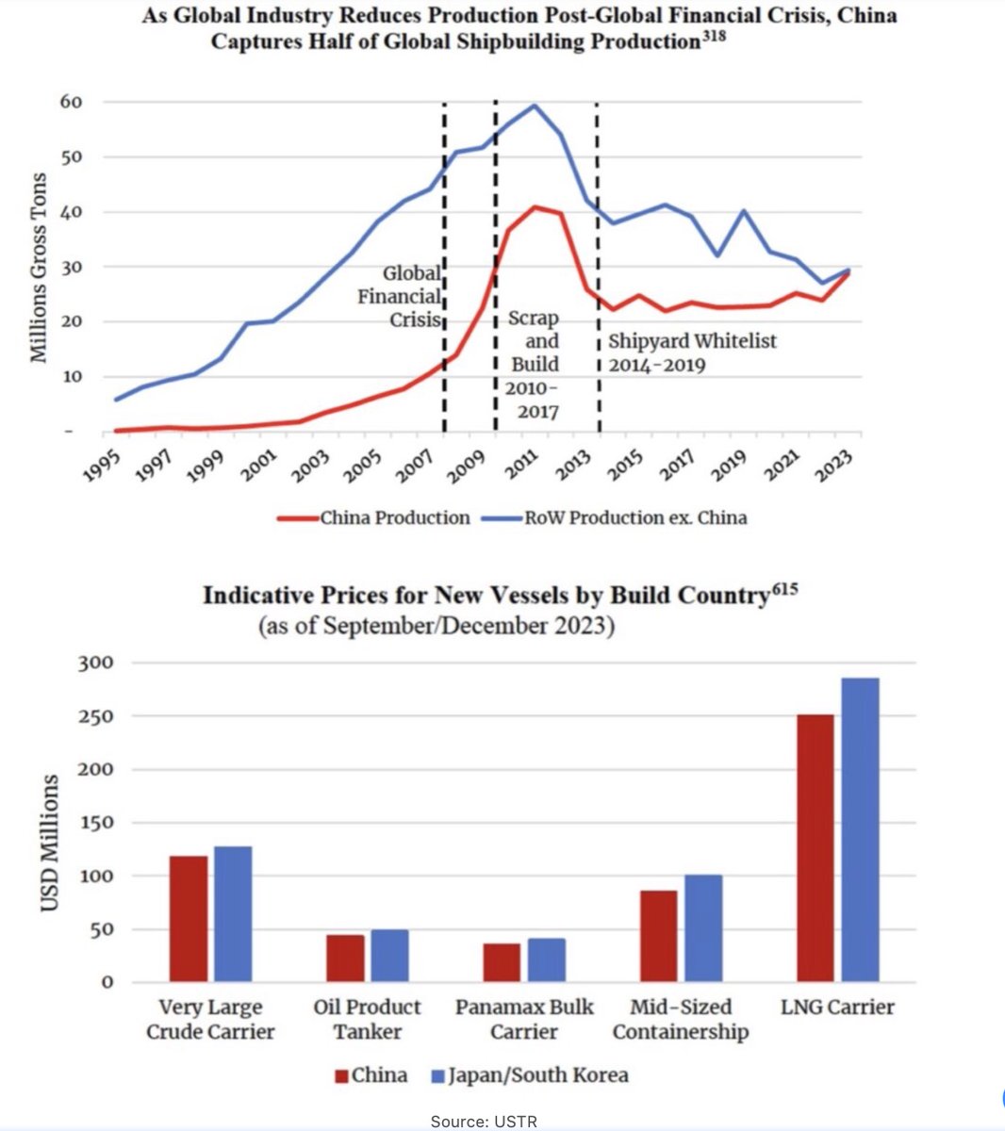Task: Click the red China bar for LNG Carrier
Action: coord(815,848)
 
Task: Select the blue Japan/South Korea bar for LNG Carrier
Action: coord(860,829)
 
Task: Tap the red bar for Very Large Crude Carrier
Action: coord(189,919)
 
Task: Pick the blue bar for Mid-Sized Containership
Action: coord(703,928)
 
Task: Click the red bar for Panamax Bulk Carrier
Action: coord(502,962)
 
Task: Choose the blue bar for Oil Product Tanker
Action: coord(389,956)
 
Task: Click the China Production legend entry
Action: coord(374,517)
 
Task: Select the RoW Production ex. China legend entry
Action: coord(613,517)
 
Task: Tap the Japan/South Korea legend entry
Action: coord(529,1075)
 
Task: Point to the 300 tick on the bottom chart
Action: coord(93,663)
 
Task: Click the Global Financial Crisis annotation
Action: coord(399,296)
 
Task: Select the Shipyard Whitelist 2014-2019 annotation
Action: coord(692,352)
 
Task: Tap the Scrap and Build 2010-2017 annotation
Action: coord(534,365)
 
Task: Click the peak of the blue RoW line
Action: coord(535,106)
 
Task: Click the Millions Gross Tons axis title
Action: coord(39,268)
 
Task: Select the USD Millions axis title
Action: coord(49,843)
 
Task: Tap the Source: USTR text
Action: coord(484,1122)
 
